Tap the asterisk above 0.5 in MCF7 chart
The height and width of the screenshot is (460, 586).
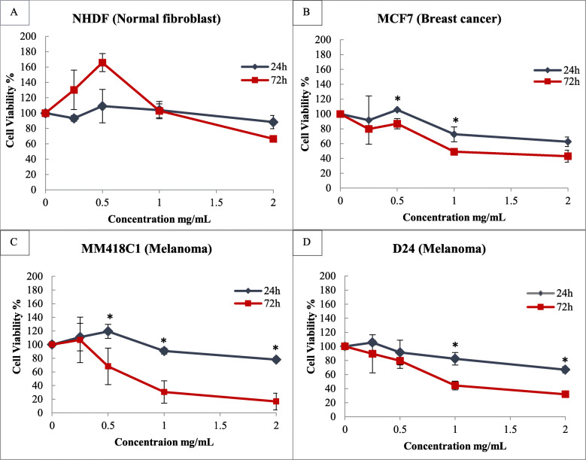pos(396,99)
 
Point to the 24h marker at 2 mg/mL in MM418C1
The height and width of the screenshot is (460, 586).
pos(276,360)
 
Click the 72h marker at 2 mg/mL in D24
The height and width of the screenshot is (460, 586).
pos(564,394)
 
